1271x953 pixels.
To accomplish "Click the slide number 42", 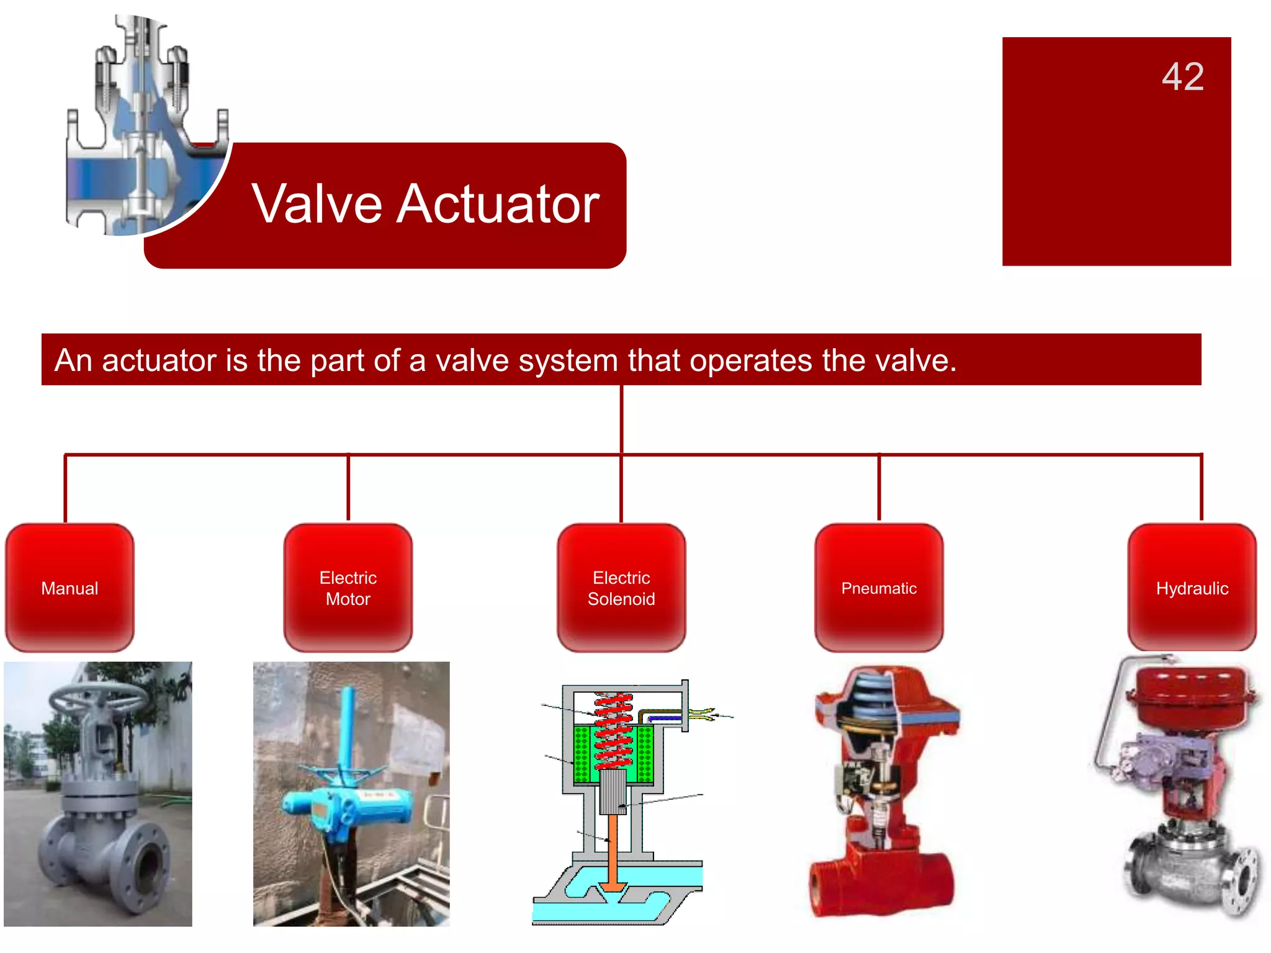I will pos(1182,77).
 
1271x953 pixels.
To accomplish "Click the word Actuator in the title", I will pos(498,204).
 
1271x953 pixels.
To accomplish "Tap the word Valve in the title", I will pos(317,204).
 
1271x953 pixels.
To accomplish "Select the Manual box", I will pos(70,588).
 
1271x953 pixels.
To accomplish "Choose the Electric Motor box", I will pos(348,588).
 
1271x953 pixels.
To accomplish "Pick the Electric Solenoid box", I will pos(621,588).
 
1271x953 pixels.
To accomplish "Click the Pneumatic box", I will pos(879,588).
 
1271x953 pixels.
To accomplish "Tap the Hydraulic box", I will pos(1192,588).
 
